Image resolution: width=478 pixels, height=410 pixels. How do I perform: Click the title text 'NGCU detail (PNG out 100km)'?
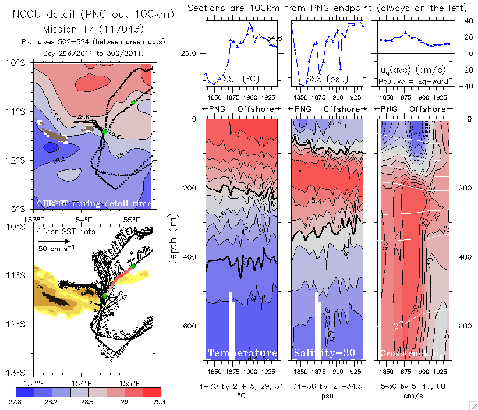93,13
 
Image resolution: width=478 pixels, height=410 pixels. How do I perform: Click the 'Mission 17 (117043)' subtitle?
93,28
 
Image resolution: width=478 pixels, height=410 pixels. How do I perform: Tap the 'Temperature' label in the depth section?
242,353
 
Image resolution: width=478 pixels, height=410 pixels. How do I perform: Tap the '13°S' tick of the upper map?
19,208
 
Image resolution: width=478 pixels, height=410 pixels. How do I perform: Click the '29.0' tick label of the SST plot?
189,53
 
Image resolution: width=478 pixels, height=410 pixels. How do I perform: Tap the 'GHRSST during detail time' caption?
94,204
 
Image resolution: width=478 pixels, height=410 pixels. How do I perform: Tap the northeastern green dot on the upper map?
133,102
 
